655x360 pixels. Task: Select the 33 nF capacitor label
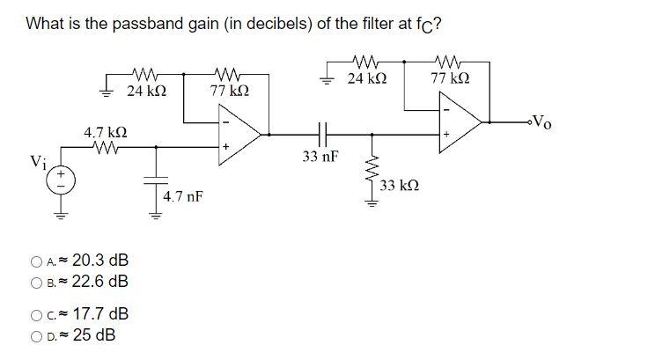click(x=319, y=158)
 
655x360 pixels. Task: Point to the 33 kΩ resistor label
click(x=401, y=186)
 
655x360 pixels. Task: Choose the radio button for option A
click(x=35, y=261)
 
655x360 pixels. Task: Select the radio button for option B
click(x=35, y=282)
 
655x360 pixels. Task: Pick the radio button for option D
click(x=35, y=336)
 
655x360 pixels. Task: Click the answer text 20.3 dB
click(x=100, y=260)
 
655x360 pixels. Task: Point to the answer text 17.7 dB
click(x=100, y=314)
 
